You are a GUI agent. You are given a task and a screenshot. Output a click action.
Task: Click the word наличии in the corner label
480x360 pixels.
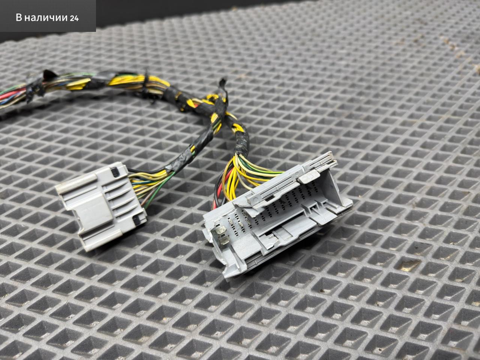click(x=46, y=18)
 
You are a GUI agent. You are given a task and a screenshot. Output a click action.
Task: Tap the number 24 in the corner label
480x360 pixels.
click(x=74, y=18)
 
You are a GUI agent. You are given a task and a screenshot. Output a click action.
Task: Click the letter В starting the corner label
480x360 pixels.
click(x=19, y=18)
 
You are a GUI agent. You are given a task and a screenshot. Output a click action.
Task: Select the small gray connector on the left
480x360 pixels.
click(x=101, y=206)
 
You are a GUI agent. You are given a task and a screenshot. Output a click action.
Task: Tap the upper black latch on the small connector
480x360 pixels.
click(x=114, y=172)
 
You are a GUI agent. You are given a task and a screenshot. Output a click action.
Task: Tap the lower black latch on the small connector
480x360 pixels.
click(x=138, y=220)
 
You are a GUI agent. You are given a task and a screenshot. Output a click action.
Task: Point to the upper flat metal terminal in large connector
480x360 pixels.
click(x=220, y=230)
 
